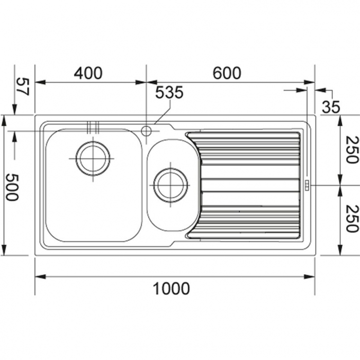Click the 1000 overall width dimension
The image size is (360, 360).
[172, 289]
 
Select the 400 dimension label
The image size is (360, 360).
[88, 74]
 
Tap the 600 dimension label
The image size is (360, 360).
[226, 74]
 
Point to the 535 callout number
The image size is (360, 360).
[169, 93]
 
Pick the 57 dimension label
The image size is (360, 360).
[22, 86]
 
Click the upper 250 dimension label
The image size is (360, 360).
[351, 149]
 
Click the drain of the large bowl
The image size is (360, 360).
[93, 158]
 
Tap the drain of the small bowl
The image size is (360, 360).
[171, 184]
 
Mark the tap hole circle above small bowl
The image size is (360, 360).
[146, 131]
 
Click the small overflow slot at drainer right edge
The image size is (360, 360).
[307, 185]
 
